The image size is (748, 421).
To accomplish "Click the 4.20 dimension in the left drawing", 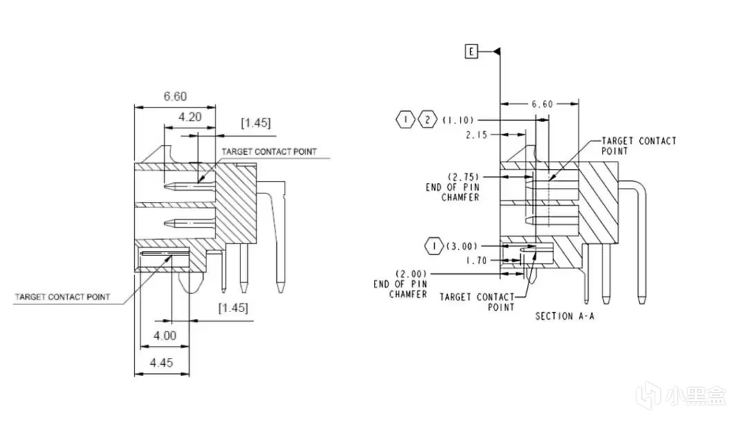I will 189,117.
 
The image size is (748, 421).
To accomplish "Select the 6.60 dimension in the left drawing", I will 175,96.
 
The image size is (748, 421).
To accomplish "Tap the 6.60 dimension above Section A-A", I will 542,104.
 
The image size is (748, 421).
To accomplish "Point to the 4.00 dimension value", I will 165,335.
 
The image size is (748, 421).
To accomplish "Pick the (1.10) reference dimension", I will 458,120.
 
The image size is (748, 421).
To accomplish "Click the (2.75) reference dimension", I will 462,177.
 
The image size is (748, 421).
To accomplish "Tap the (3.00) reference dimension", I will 461,246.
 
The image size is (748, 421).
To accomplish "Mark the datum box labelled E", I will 472,51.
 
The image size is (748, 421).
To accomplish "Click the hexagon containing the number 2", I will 427,120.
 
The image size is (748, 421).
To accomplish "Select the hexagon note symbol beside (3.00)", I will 434,246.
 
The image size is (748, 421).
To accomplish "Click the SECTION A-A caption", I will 564,316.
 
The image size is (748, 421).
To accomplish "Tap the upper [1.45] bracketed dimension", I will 256,123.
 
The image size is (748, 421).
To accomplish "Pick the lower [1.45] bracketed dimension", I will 233,307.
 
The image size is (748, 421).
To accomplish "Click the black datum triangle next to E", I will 496,51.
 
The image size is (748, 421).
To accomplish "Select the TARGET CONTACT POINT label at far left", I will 62,298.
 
